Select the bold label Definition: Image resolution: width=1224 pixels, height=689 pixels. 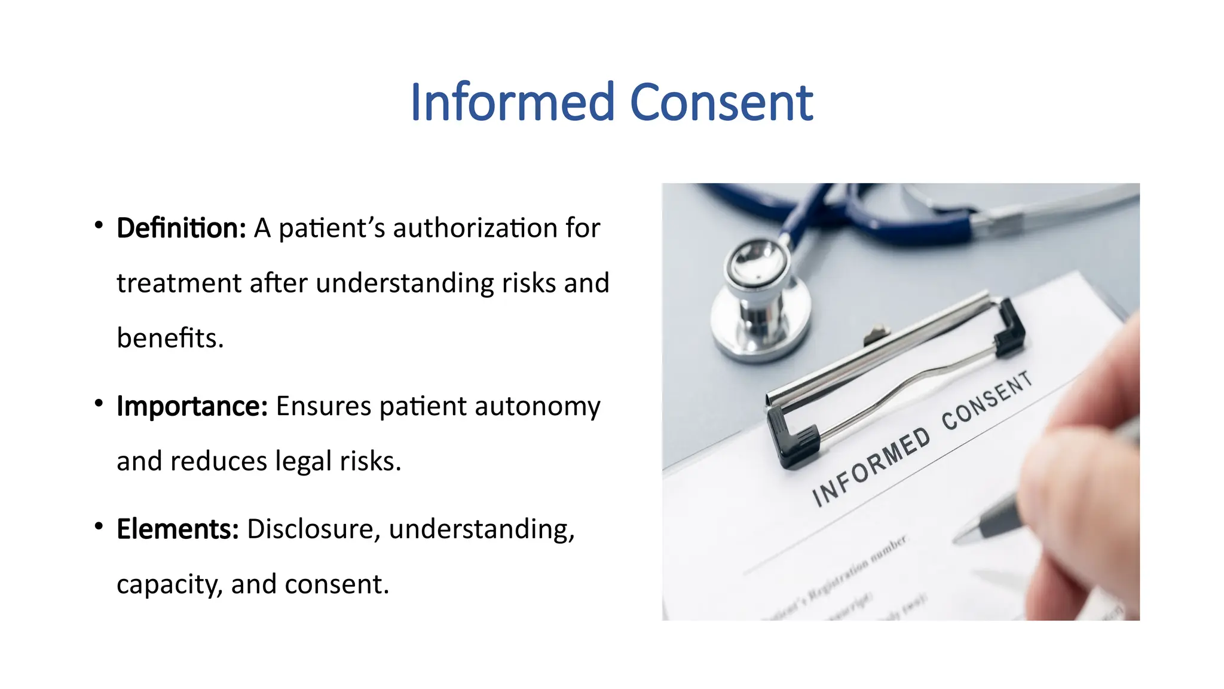point(181,228)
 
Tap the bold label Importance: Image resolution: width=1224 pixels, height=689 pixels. point(192,406)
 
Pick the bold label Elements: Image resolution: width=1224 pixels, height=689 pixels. point(178,529)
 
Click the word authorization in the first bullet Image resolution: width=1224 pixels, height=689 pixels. point(476,228)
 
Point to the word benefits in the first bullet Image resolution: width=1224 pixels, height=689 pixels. point(169,338)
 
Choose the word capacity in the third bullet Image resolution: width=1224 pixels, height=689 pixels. point(169,584)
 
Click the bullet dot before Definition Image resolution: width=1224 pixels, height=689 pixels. point(99,225)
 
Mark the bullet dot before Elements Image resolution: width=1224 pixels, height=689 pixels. point(99,526)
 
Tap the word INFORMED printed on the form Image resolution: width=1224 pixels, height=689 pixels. point(871,467)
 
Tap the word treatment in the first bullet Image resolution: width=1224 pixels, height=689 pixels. point(179,283)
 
